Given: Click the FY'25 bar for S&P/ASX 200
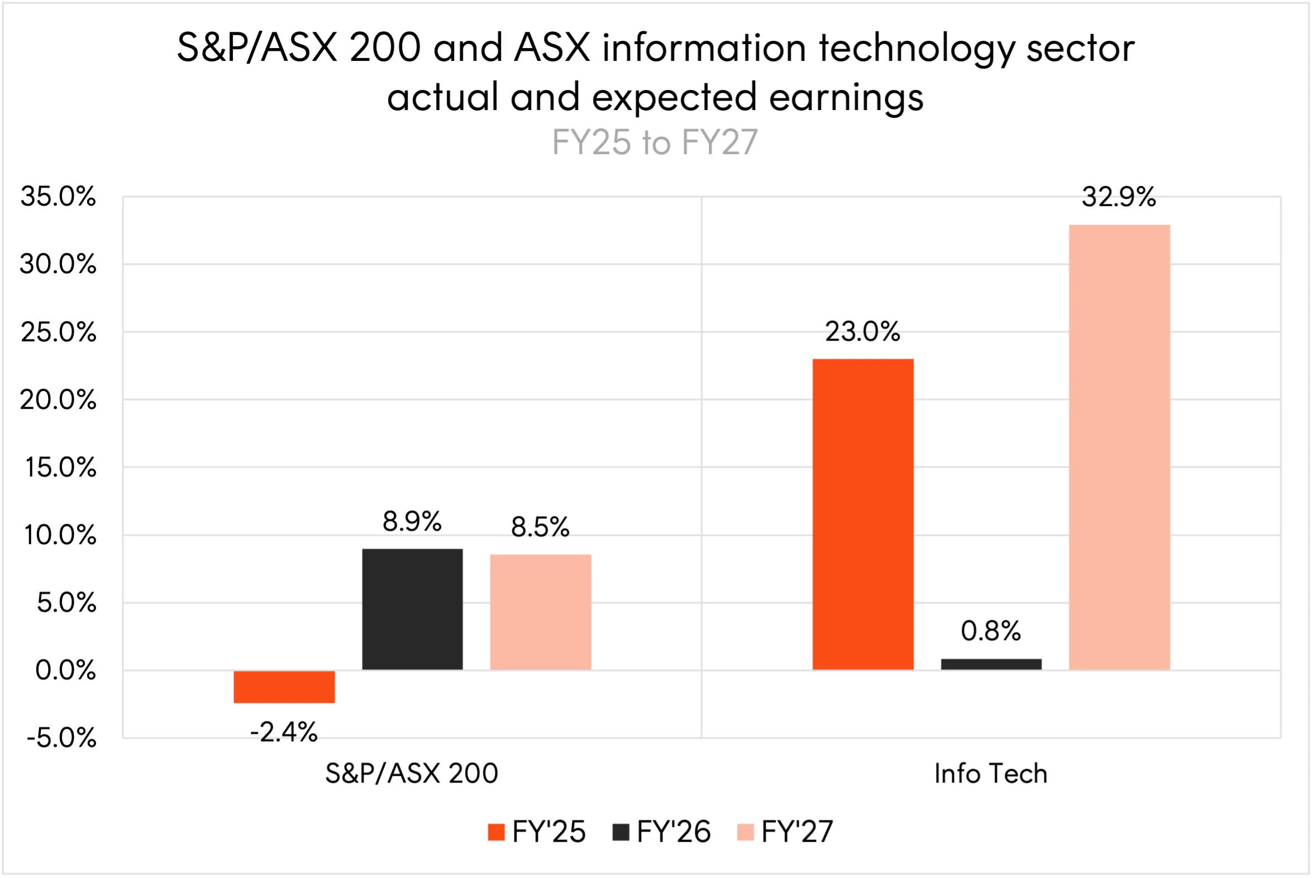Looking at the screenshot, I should [284, 686].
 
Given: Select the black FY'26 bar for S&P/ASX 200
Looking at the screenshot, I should [412, 609].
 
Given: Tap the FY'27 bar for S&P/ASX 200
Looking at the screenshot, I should [540, 612].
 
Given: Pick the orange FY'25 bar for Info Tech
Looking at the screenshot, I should [863, 514].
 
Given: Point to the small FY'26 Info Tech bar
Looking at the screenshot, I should [991, 664].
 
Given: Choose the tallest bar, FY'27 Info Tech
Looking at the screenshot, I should [1119, 447].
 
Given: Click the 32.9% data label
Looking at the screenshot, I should [1119, 197].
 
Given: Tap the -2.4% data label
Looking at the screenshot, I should [284, 732].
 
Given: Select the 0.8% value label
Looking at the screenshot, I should [991, 631].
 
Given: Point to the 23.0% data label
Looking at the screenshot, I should [863, 332].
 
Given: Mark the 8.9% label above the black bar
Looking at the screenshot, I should [412, 522].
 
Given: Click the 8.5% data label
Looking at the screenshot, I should [540, 527].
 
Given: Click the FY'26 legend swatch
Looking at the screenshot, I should [621, 832].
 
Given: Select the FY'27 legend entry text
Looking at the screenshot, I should [798, 832].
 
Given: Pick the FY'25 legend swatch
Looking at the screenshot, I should [496, 832].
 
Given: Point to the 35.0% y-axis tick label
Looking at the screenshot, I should [58, 197].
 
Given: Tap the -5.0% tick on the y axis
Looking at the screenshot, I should [61, 738].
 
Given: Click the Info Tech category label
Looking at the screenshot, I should [991, 774].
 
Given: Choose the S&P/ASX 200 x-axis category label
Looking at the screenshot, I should [412, 774].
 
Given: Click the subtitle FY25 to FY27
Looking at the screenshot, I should [655, 142].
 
